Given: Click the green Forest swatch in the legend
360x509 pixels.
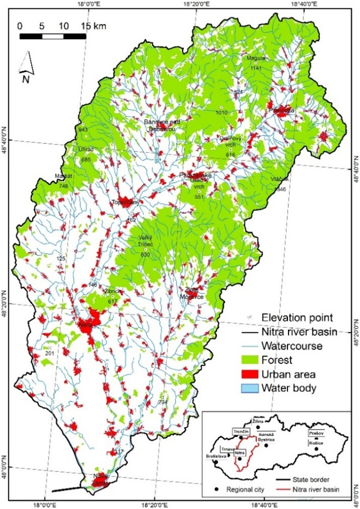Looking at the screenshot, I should pyautogui.click(x=249, y=360).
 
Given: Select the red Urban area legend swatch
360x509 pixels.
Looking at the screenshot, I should pyautogui.click(x=249, y=374).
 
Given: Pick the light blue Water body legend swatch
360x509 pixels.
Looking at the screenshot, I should pyautogui.click(x=249, y=388).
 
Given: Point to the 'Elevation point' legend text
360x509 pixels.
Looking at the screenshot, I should pyautogui.click(x=298, y=317).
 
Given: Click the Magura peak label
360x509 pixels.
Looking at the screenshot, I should pyautogui.click(x=255, y=58).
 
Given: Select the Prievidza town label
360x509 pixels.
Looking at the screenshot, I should pyautogui.click(x=281, y=110).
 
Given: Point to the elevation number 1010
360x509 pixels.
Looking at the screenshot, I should pyautogui.click(x=221, y=112).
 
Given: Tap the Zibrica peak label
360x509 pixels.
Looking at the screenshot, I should pyautogui.click(x=113, y=292).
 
